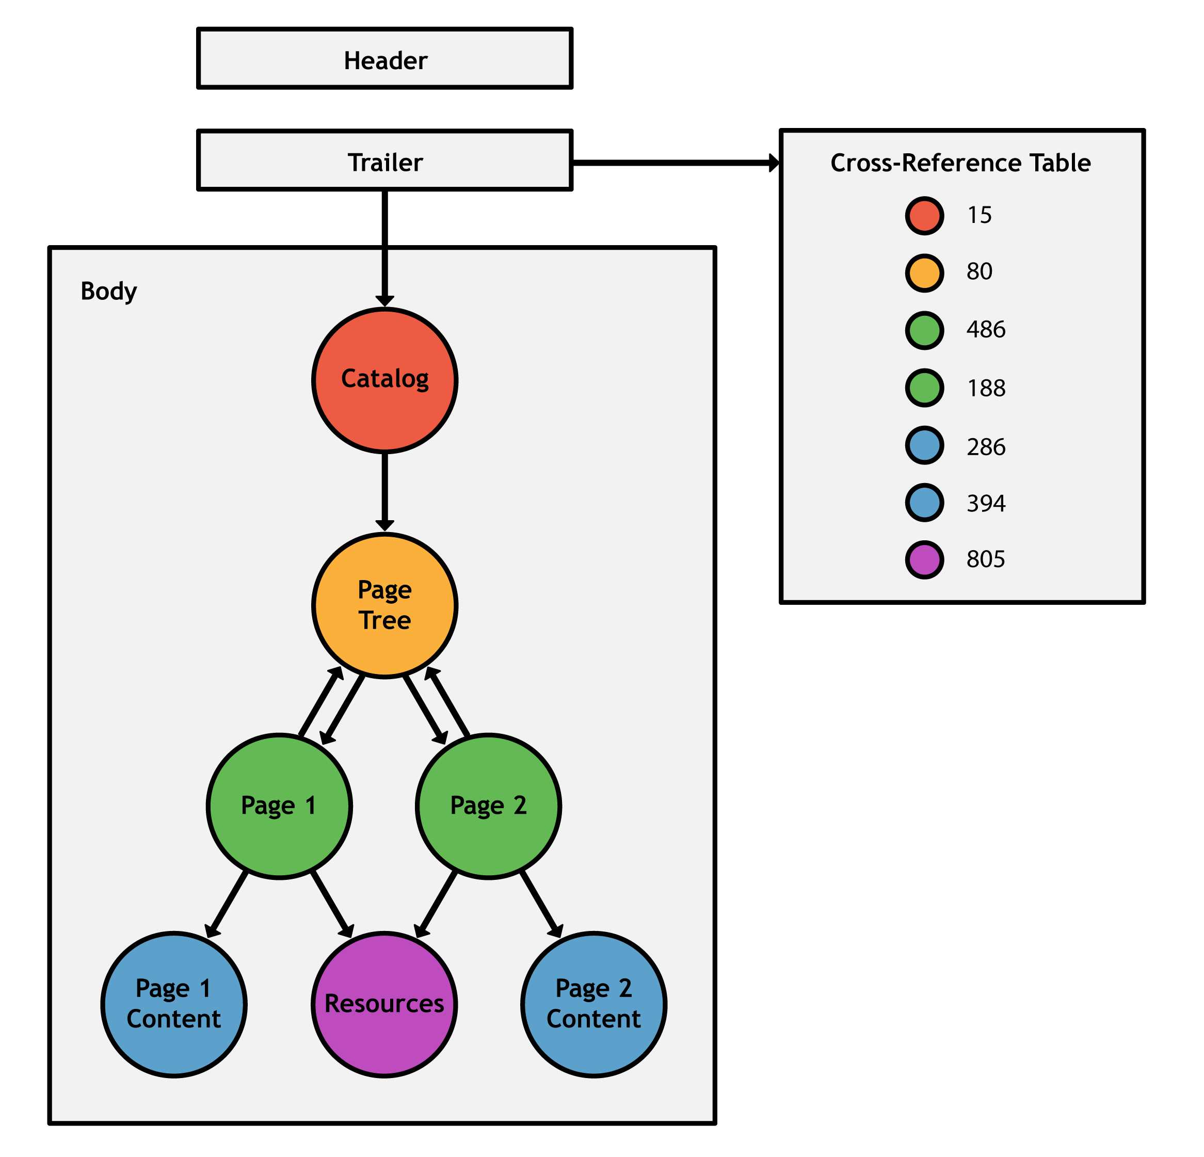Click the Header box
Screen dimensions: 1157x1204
tap(384, 58)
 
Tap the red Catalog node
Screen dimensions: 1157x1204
tap(384, 381)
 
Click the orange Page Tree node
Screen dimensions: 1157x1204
tap(384, 605)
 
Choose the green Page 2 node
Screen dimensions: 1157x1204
tap(488, 806)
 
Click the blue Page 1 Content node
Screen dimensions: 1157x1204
tap(174, 1005)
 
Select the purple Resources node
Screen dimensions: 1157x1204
tap(384, 1005)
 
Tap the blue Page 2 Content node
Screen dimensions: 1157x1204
tap(593, 1005)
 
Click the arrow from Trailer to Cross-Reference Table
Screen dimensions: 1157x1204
tap(676, 163)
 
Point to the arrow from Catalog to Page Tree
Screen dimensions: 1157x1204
tap(384, 491)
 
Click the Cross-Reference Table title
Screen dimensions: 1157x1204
tap(960, 163)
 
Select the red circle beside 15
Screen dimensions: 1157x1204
tap(924, 216)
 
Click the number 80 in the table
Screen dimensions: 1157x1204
tap(979, 271)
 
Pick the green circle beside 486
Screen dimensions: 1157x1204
tap(924, 330)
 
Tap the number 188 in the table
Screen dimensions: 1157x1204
tap(986, 388)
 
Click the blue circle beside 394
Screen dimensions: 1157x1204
tap(924, 503)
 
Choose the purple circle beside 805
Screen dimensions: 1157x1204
tap(924, 559)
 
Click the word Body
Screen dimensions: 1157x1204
tap(109, 291)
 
